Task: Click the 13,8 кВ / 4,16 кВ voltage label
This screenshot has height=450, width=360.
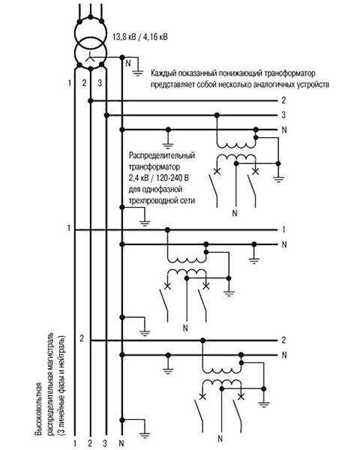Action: pos(140,37)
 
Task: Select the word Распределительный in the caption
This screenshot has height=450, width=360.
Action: pos(162,155)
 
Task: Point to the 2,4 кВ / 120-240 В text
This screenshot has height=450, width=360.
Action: pos(159,178)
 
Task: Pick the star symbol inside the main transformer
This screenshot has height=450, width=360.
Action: pos(91,58)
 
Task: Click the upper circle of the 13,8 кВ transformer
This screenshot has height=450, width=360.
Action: pos(91,32)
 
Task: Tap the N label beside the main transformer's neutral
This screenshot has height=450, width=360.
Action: pos(128,63)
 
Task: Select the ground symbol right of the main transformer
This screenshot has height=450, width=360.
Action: pos(138,73)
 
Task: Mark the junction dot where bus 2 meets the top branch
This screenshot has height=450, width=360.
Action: pos(91,100)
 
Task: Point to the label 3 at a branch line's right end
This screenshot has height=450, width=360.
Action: pos(283,115)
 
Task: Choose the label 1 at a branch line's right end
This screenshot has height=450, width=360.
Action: pos(283,229)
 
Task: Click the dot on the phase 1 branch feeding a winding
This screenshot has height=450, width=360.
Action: pos(168,229)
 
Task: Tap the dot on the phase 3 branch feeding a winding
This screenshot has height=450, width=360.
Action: pos(217,115)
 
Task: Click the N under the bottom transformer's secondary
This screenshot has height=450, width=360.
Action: pos(220,439)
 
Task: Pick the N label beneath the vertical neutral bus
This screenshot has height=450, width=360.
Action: pos(121,443)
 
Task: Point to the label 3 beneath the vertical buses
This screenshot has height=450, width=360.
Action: pos(105,443)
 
